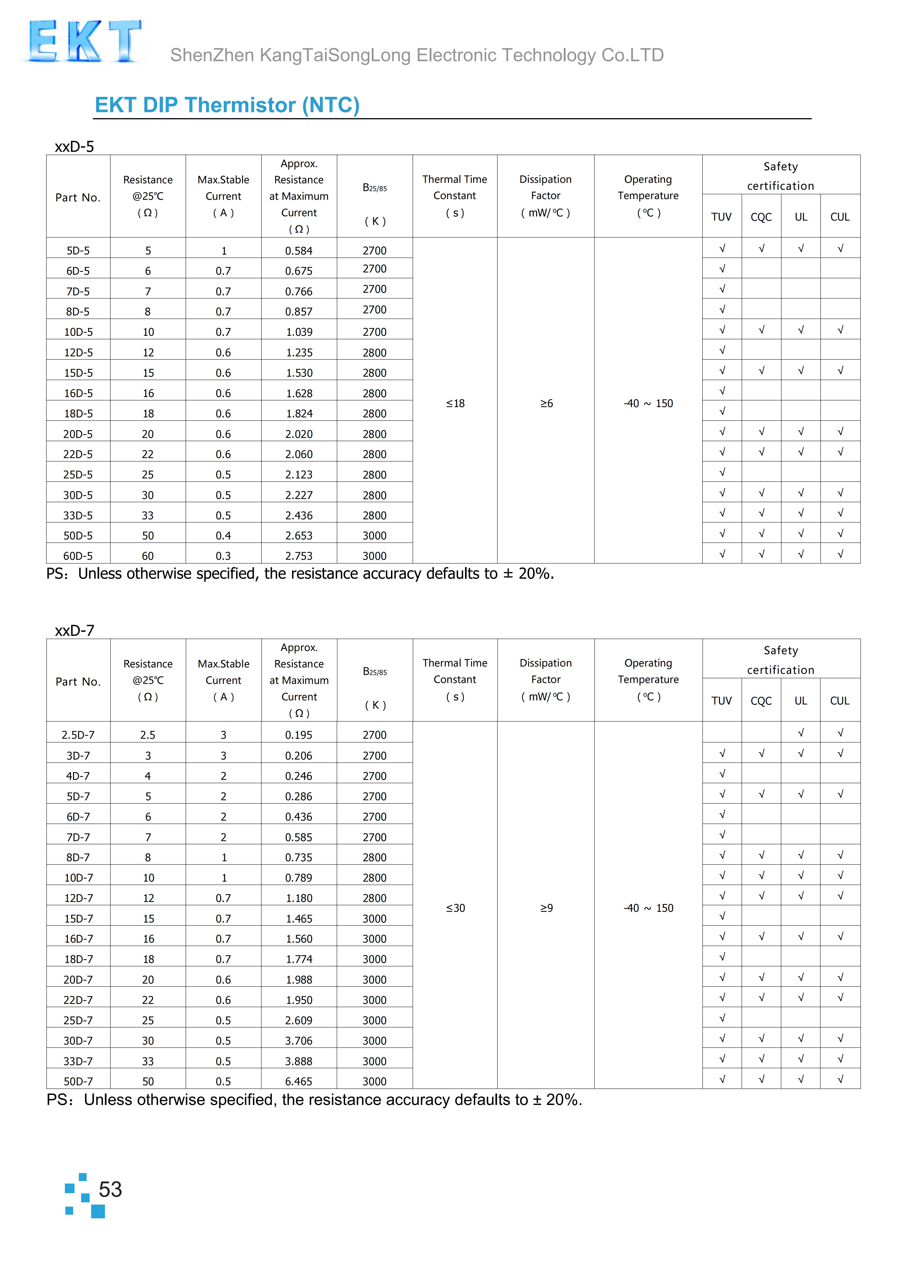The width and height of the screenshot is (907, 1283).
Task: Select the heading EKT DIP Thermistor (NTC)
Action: click(x=227, y=105)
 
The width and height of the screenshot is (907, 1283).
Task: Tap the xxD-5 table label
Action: click(x=74, y=147)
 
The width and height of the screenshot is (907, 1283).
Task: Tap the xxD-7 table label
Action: click(x=74, y=630)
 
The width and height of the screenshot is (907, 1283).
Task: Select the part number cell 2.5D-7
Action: click(x=78, y=735)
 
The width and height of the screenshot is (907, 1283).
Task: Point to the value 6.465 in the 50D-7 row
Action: click(x=299, y=1081)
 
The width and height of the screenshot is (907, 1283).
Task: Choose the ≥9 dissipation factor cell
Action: click(x=546, y=908)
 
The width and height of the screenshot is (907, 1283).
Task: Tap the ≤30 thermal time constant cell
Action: click(x=455, y=908)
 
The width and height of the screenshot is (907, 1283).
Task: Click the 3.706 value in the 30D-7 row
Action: click(x=299, y=1040)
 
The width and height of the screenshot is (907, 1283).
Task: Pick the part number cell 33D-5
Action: click(x=78, y=515)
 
